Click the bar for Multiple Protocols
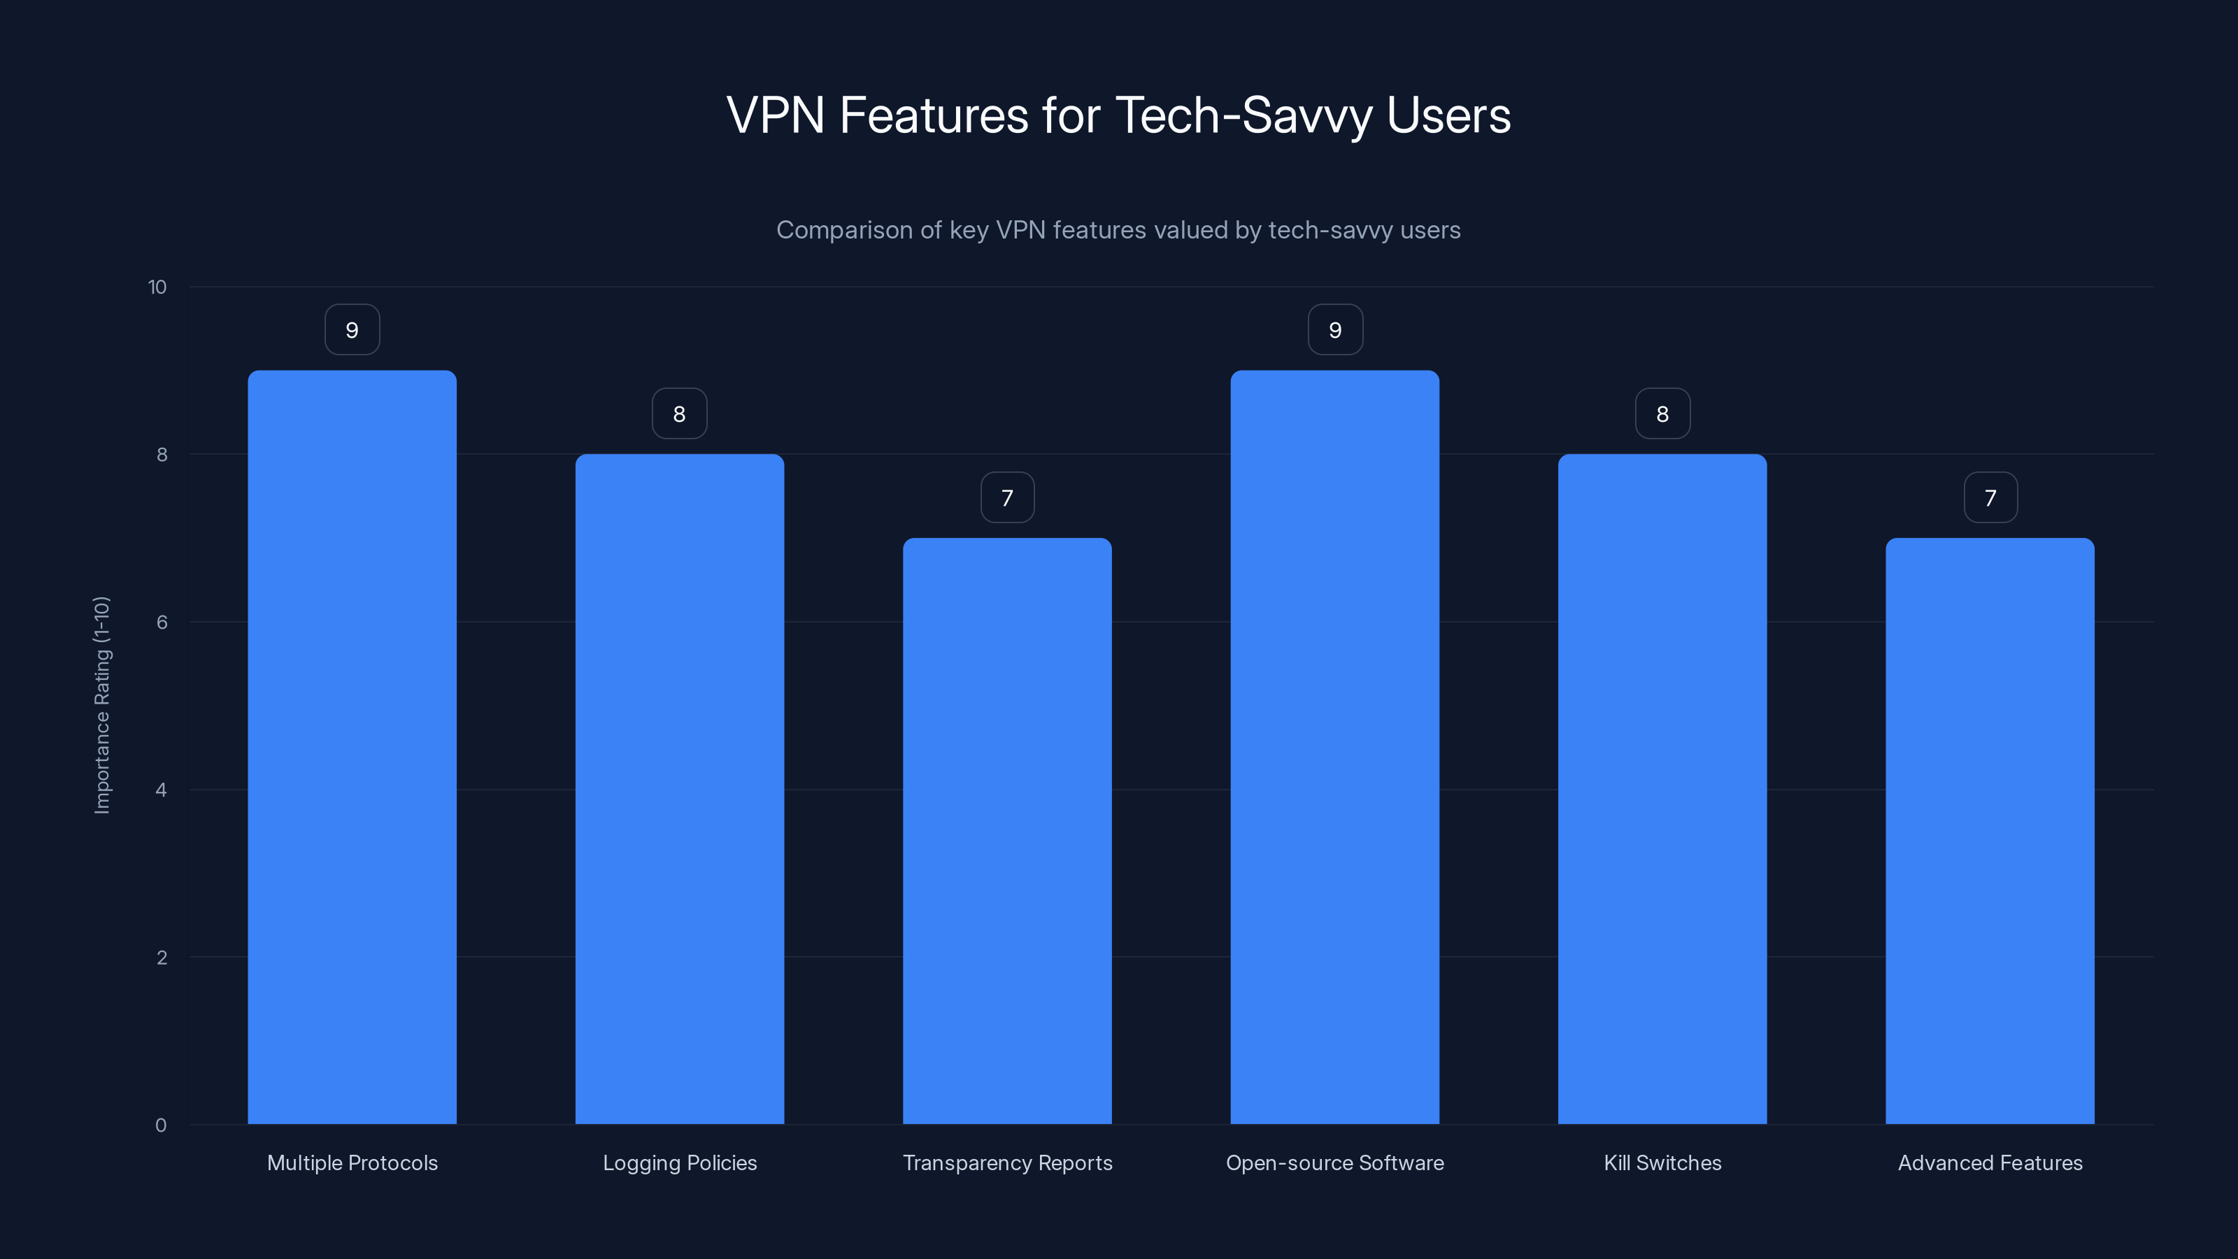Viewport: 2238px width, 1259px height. pyautogui.click(x=352, y=747)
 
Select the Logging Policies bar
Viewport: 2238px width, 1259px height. pyautogui.click(x=679, y=789)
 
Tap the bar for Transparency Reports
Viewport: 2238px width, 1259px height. pyautogui.click(x=1007, y=831)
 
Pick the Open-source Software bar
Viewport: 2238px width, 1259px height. pyautogui.click(x=1334, y=747)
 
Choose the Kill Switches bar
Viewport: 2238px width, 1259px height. pyautogui.click(x=1662, y=789)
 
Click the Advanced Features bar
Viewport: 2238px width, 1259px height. pyautogui.click(x=1990, y=831)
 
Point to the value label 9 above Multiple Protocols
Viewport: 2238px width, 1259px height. pyautogui.click(x=352, y=330)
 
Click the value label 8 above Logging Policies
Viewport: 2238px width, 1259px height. pyautogui.click(x=679, y=415)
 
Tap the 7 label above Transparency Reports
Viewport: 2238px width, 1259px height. pyautogui.click(x=1007, y=498)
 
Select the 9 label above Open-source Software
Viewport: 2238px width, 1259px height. pyautogui.click(x=1335, y=330)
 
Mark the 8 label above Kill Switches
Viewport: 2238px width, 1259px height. pyautogui.click(x=1662, y=415)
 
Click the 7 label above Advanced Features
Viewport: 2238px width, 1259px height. pyautogui.click(x=1990, y=498)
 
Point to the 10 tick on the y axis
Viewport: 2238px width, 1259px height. pyautogui.click(x=157, y=287)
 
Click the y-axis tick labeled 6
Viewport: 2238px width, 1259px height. pyautogui.click(x=162, y=622)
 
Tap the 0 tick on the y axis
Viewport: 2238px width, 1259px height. pyautogui.click(x=161, y=1125)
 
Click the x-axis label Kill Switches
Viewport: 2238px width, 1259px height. pyautogui.click(x=1662, y=1162)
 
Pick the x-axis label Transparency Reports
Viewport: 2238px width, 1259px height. pyautogui.click(x=1007, y=1162)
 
